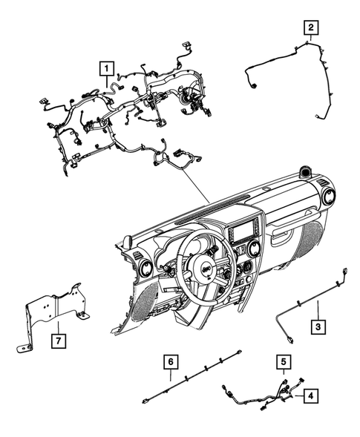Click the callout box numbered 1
click(108, 70)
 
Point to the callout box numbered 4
click(312, 396)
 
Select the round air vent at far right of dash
click(327, 197)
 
